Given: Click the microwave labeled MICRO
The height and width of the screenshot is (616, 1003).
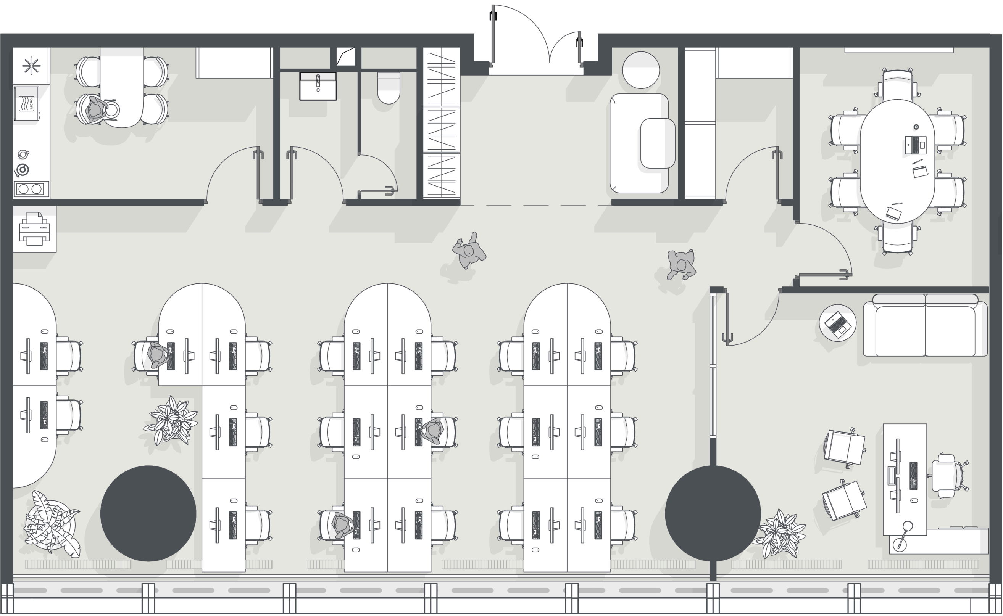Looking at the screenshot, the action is [26, 103].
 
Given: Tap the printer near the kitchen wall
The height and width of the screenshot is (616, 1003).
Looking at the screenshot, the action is [34, 228].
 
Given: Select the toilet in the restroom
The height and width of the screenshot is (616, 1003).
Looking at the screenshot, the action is [389, 88].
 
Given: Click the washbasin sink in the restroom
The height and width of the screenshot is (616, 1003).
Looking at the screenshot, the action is [318, 86].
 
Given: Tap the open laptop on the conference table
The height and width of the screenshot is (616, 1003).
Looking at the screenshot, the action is [915, 145].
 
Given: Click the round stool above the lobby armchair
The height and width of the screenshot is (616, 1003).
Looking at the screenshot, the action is [641, 70].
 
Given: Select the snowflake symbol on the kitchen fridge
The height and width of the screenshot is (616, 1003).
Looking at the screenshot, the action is [31, 66].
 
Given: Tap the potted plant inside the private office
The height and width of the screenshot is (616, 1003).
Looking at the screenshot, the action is [779, 533].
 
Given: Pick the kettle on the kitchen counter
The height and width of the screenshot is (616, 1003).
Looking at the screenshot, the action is [23, 154].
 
